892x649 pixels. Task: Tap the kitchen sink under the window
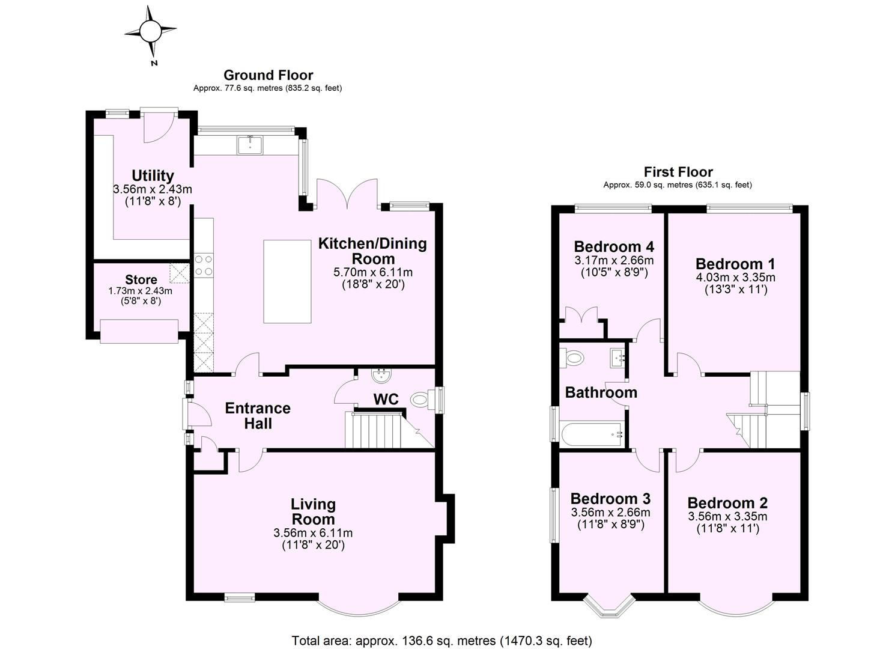pos(250,145)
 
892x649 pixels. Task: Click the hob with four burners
pos(203,265)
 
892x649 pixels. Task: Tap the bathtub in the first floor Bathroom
pos(592,433)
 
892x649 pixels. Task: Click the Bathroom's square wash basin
pos(618,359)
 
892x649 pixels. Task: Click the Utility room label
pos(153,175)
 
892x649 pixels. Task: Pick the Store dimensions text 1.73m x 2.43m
pos(140,291)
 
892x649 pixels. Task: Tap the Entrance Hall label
pos(258,416)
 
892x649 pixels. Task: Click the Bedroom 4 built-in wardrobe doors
pos(581,315)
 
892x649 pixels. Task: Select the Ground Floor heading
pos(268,75)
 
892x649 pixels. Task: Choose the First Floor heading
pos(678,172)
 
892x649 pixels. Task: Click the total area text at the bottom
pos(441,640)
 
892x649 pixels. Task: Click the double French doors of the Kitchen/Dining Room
pos(347,193)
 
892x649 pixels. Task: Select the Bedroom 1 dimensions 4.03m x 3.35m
pos(735,278)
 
